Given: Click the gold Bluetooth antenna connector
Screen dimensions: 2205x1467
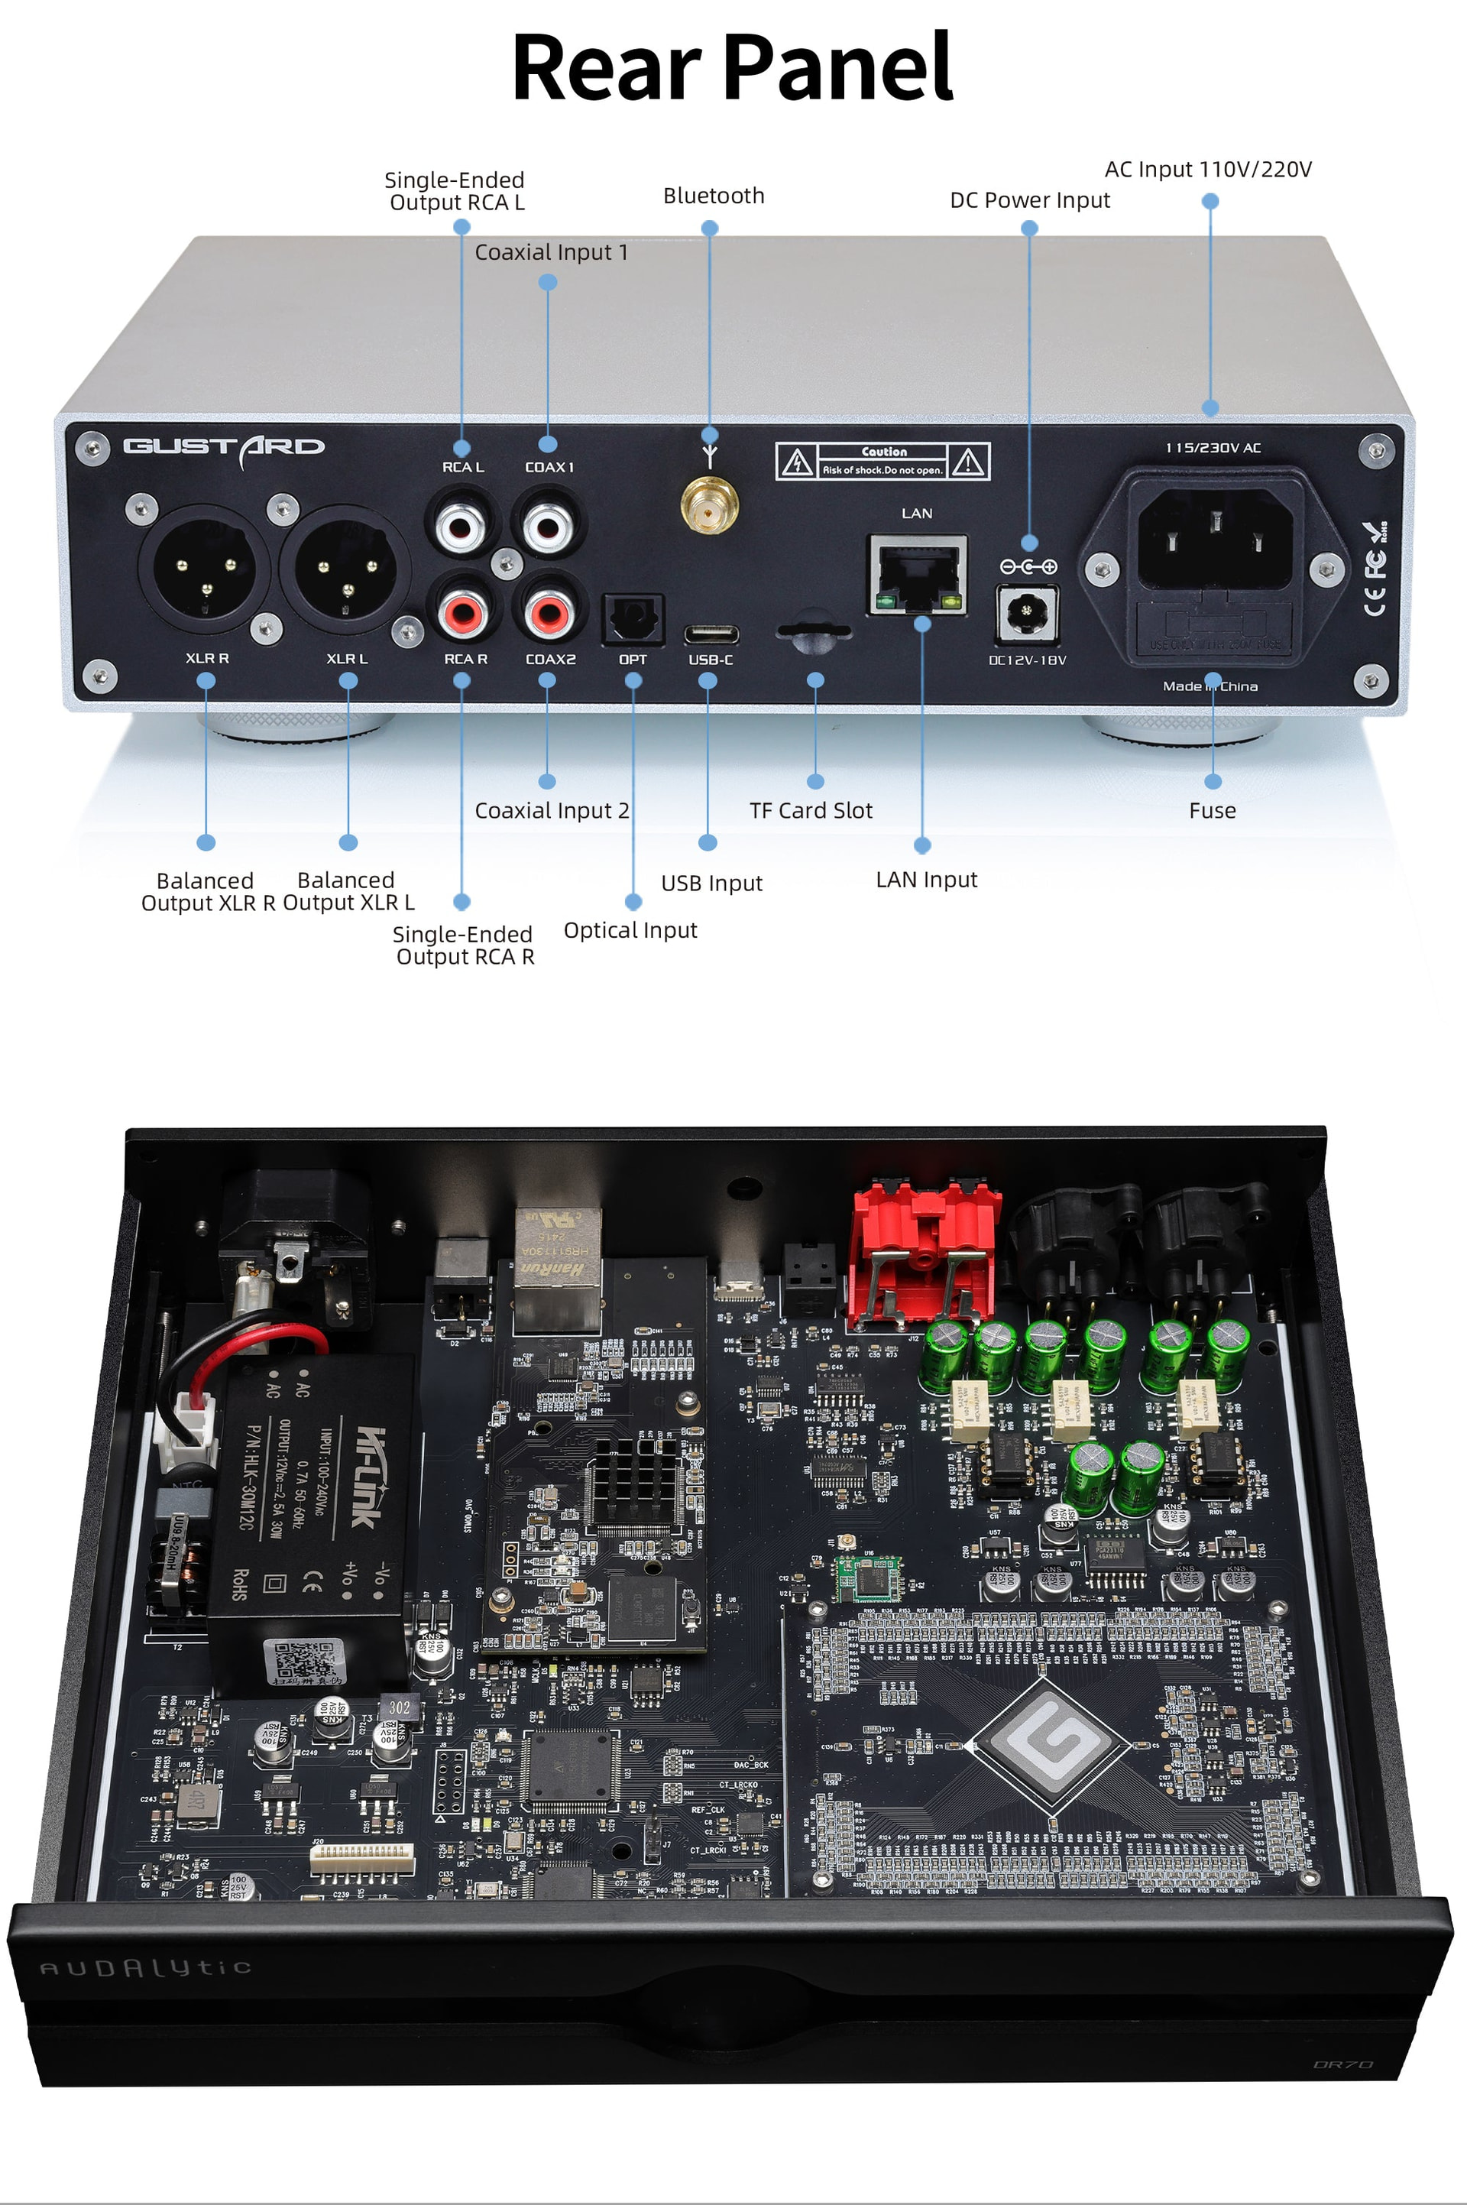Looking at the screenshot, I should [x=709, y=506].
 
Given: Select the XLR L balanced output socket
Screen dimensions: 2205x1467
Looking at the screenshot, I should [x=346, y=570].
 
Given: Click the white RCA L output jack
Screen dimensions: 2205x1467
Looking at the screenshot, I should [x=461, y=525].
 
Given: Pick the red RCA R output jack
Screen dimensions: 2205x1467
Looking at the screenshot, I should [x=463, y=612].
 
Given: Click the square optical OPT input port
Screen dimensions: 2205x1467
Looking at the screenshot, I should [x=633, y=618].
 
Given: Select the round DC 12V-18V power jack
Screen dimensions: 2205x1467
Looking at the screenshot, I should [x=1027, y=613].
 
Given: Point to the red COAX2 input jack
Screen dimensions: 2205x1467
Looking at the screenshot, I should [x=547, y=612].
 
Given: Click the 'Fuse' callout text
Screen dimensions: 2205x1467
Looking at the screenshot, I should [x=1212, y=810].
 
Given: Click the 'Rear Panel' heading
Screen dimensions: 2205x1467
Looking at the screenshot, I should [x=733, y=67].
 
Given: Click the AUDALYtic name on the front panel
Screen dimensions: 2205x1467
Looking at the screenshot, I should [x=145, y=1968].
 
